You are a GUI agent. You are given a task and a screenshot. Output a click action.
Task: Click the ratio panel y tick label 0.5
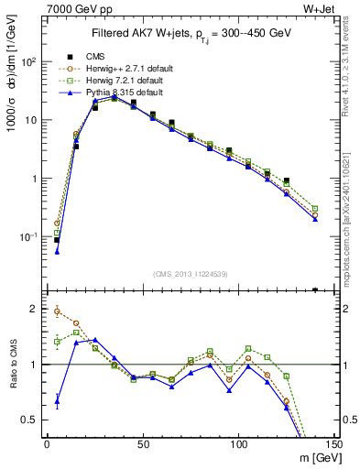pos(32,420)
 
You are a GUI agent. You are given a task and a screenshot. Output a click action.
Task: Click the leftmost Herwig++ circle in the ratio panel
pos(57,311)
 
